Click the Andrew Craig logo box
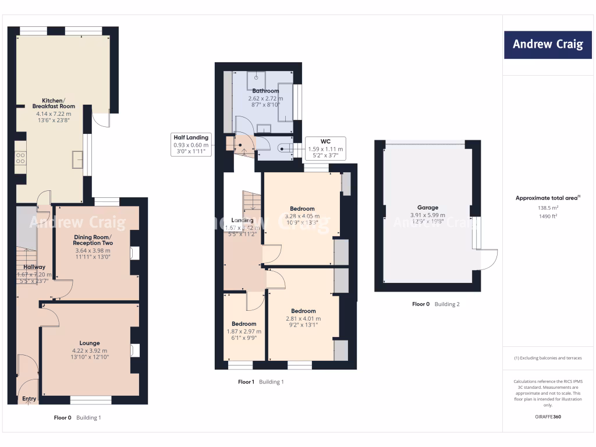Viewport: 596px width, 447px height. pos(547,44)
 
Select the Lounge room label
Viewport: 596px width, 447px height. pos(90,343)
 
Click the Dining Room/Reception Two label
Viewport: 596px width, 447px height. pos(93,240)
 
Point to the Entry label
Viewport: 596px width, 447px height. pos(29,399)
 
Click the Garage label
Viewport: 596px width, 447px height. pos(427,207)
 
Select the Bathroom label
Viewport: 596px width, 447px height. pos(265,91)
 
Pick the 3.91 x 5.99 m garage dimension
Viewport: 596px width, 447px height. pos(427,215)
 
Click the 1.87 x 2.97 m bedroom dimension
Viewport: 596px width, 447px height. pos(243,332)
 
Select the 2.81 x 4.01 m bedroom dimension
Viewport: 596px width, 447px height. pos(303,318)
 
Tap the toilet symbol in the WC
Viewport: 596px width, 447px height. pos(283,148)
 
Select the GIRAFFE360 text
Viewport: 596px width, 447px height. pos(547,417)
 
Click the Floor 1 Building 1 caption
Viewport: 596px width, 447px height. pos(261,382)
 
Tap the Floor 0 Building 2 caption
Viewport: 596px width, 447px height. pos(435,304)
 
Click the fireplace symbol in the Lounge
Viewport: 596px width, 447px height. pos(134,350)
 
